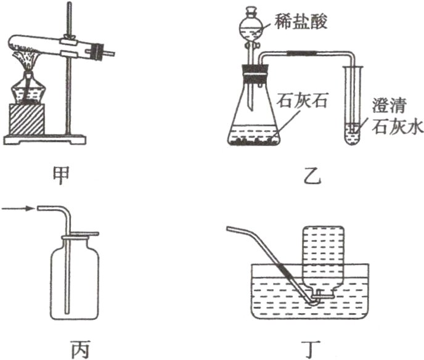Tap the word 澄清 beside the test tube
click(386, 105)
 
